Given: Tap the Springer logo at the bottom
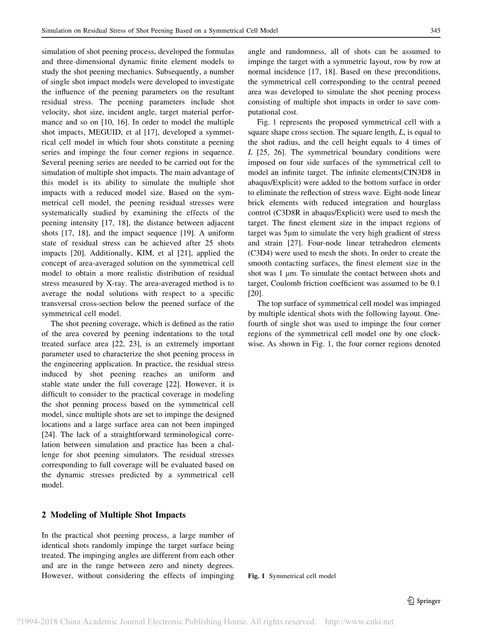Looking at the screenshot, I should pos(423,601).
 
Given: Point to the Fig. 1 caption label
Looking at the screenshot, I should pos(256,576).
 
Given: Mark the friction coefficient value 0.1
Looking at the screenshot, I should pos(435,283).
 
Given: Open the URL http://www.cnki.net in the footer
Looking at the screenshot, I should pos(359,621).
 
